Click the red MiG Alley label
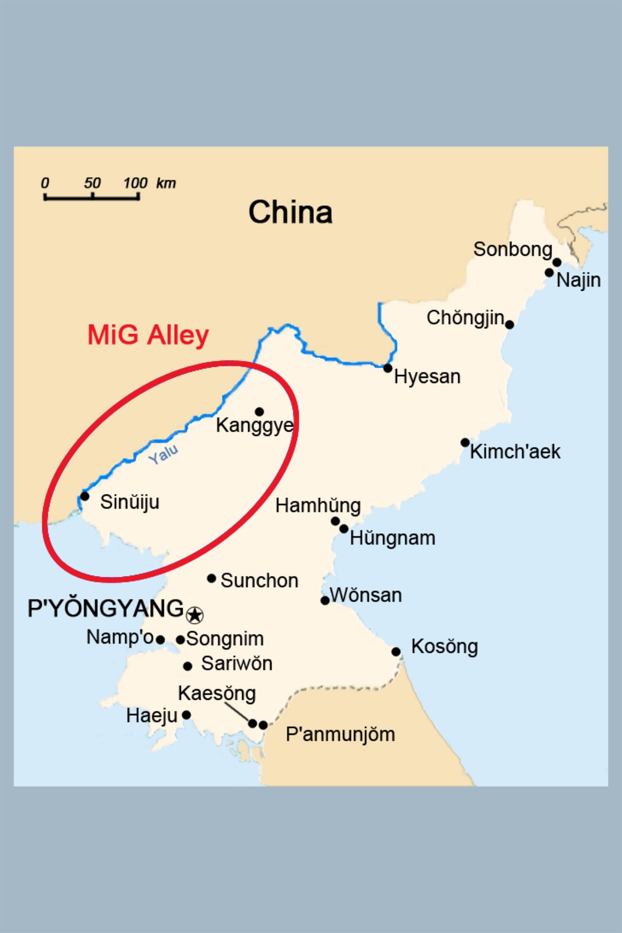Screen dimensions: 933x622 click(x=148, y=335)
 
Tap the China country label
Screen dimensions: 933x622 click(x=290, y=212)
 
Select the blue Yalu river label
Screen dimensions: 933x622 click(x=163, y=454)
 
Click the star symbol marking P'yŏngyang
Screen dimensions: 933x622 click(x=195, y=615)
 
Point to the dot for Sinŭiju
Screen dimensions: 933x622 click(x=85, y=496)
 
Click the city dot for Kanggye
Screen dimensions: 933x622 click(x=259, y=412)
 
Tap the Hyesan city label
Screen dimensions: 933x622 click(x=427, y=376)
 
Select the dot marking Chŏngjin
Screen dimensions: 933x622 click(x=509, y=325)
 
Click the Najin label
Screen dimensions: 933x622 click(x=579, y=280)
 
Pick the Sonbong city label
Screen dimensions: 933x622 click(x=513, y=250)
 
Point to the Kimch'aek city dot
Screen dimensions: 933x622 click(x=465, y=442)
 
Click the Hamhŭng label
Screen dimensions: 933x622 click(x=318, y=506)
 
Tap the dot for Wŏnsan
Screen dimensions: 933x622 click(x=325, y=600)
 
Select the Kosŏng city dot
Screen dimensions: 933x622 click(x=396, y=651)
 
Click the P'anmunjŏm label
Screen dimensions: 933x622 click(x=340, y=734)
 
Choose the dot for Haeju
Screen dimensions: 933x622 click(x=186, y=715)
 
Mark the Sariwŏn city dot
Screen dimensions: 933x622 click(x=188, y=666)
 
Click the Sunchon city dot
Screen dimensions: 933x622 click(x=211, y=578)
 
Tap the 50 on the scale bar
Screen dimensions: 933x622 click(x=92, y=183)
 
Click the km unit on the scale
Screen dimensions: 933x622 click(x=166, y=183)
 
